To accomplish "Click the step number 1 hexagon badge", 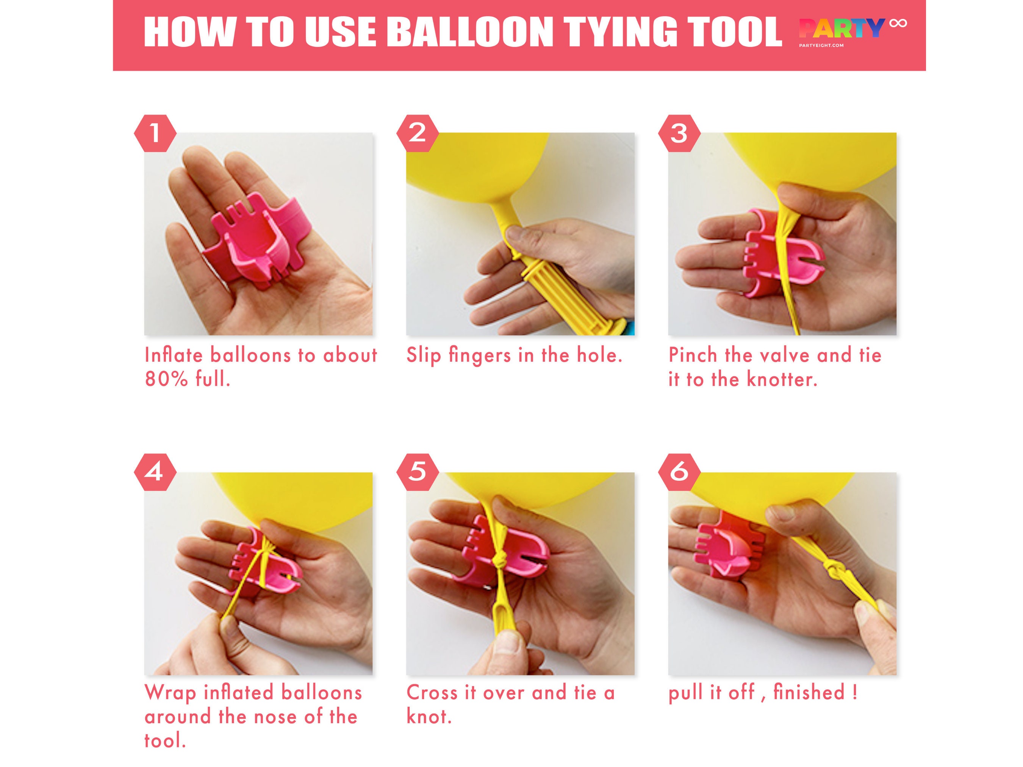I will click(x=155, y=133).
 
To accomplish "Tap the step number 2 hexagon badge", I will click(x=417, y=133).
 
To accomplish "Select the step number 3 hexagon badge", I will click(x=679, y=133).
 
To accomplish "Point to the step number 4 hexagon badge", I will click(x=155, y=472).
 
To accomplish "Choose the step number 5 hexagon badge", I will click(x=417, y=472).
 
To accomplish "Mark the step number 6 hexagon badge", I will click(x=679, y=472).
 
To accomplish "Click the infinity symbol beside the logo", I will click(x=898, y=23).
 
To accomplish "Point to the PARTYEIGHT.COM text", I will click(x=821, y=45).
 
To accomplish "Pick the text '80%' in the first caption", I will click(x=166, y=380).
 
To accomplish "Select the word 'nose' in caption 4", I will click(x=275, y=717).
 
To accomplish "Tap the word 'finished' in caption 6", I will click(x=809, y=692).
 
